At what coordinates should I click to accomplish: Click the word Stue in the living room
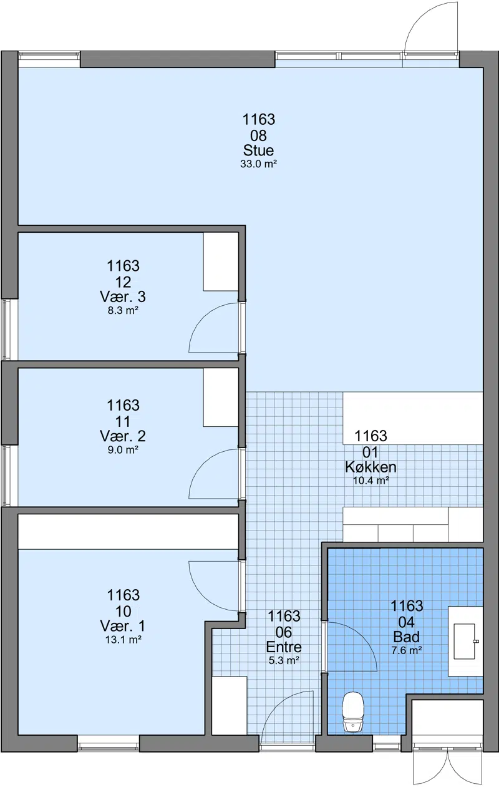click(x=258, y=150)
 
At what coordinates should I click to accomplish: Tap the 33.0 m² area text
click(x=258, y=164)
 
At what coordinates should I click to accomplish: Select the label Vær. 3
click(x=123, y=297)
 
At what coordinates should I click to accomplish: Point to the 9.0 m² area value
click(x=123, y=450)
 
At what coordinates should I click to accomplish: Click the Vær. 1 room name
click(x=123, y=626)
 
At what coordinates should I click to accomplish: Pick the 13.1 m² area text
click(x=124, y=640)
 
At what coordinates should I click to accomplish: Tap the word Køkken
click(x=371, y=467)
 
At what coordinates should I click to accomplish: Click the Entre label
click(x=284, y=647)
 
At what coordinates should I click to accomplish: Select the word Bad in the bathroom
click(x=406, y=637)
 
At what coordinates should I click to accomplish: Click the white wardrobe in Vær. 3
click(x=221, y=262)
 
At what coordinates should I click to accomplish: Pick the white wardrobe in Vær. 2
click(x=221, y=398)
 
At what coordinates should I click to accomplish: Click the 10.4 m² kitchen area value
click(x=371, y=481)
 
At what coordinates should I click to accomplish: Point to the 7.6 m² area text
click(x=407, y=650)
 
